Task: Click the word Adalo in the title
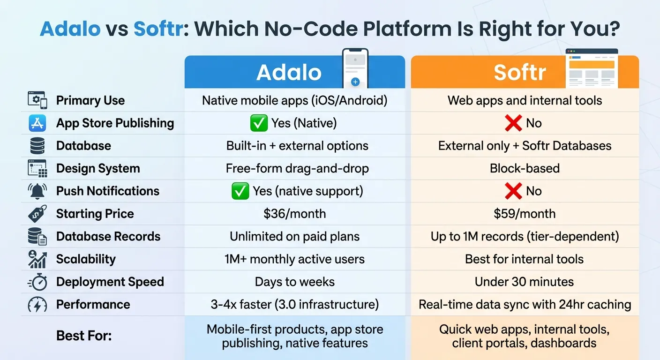[x=70, y=29]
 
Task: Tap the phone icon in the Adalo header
[x=355, y=67]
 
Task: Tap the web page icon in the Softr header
[x=592, y=68]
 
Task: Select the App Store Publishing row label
[x=115, y=123]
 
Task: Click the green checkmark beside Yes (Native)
[x=259, y=123]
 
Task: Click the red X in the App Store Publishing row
[x=513, y=123]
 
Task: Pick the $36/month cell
[x=294, y=214]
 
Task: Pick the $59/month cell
[x=525, y=214]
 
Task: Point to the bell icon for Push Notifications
[x=37, y=191]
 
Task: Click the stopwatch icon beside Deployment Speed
[x=37, y=282]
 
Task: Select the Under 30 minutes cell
[x=524, y=282]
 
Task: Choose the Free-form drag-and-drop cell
[x=294, y=168]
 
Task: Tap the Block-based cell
[x=525, y=168]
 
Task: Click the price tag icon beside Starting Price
[x=37, y=214]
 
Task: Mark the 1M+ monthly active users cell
[x=294, y=259]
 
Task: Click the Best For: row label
[x=84, y=336]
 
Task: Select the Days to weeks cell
[x=294, y=282]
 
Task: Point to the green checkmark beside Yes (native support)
[x=240, y=191]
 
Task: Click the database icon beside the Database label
[x=37, y=146]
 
